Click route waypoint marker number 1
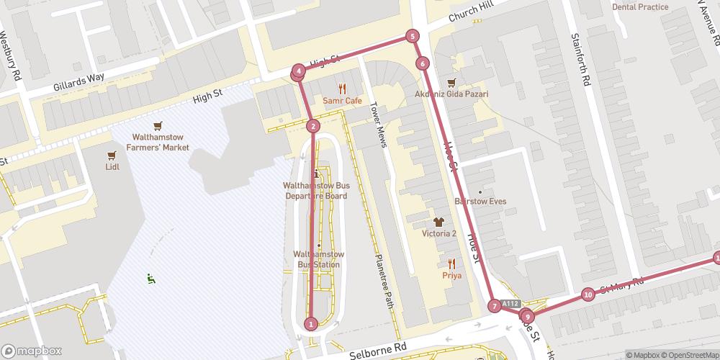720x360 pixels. (311, 324)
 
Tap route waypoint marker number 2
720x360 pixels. (312, 127)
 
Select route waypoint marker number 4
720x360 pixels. (298, 72)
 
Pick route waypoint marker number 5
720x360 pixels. (412, 36)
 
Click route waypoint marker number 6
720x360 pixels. (422, 63)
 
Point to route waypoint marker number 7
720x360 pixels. (495, 306)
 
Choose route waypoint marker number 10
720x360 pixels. (588, 294)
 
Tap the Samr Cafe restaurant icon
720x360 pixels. (342, 89)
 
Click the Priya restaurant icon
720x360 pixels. (451, 264)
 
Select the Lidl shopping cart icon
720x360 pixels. (112, 155)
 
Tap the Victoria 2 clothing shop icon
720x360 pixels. (439, 221)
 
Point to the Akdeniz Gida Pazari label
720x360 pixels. (451, 94)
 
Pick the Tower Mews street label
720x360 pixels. (379, 123)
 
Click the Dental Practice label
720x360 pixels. (640, 7)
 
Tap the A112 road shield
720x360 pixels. (510, 304)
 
